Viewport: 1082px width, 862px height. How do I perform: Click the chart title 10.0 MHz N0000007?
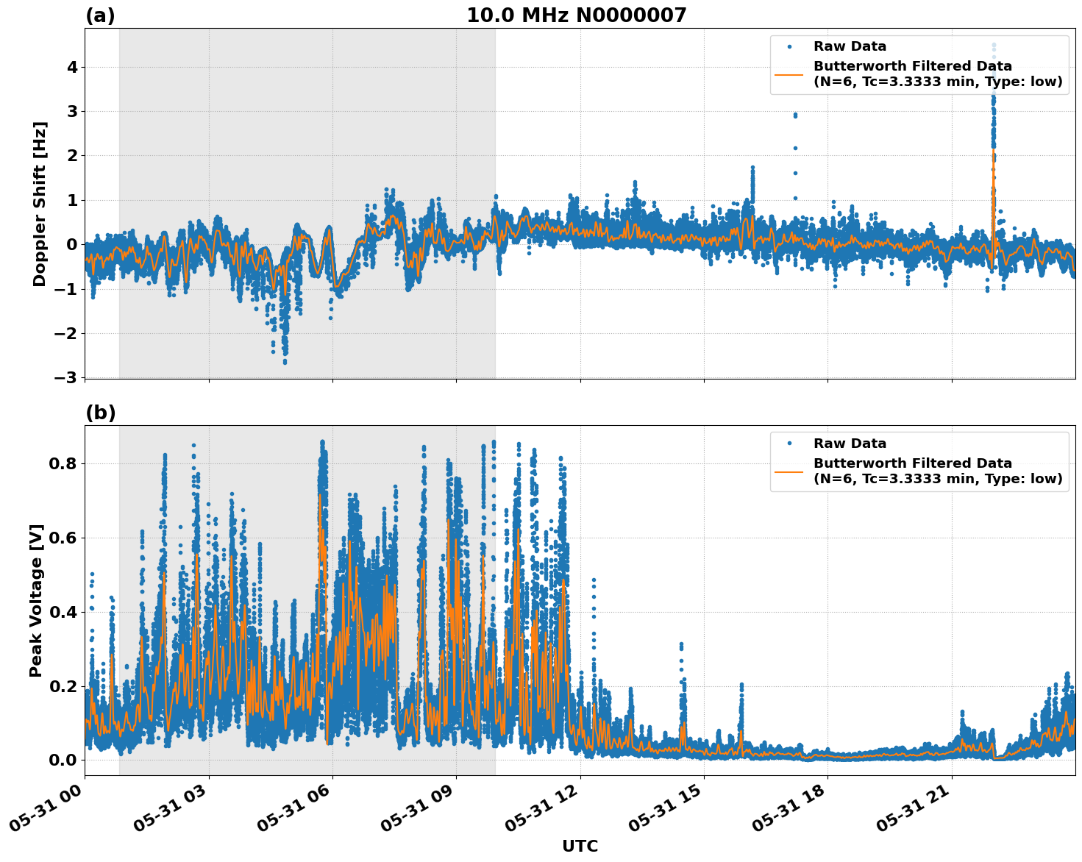coord(576,15)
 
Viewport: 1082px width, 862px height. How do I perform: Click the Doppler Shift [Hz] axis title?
coord(40,204)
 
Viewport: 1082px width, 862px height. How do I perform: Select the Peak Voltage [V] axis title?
coord(37,600)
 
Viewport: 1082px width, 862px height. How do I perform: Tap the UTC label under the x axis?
coord(580,846)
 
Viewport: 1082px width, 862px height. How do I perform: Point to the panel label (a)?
coord(100,15)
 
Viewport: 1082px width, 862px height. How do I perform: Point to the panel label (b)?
coord(100,413)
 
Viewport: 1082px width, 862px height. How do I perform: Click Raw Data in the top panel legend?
coord(850,46)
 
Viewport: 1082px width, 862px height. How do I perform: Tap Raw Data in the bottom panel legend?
coord(850,444)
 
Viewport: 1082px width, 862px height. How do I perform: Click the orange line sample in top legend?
coord(789,74)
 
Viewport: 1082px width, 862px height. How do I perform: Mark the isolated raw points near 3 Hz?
coord(794,115)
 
